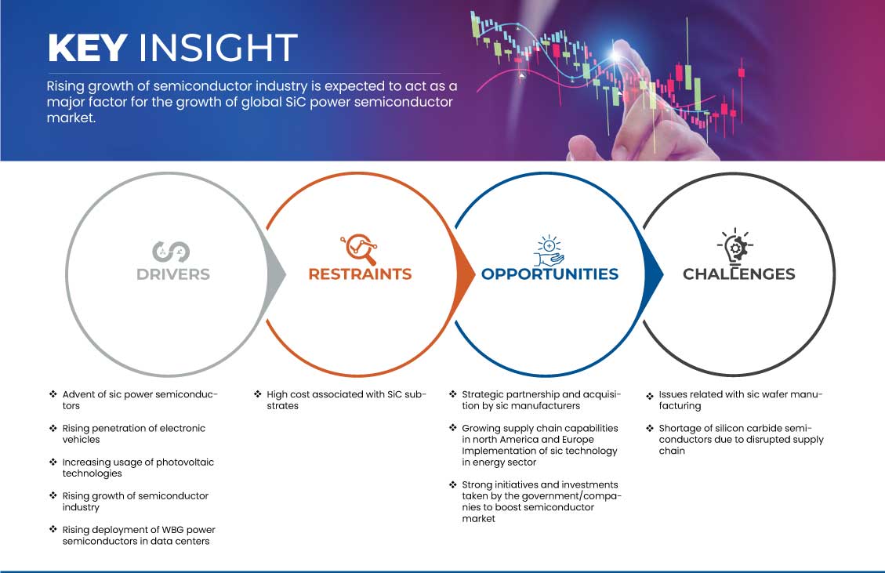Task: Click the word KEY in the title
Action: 87,49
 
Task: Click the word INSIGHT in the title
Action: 217,49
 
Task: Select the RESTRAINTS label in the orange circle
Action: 360,274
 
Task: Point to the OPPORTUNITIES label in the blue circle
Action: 549,274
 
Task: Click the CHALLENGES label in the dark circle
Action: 738,274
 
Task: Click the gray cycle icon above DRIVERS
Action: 170,250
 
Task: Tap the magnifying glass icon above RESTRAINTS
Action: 358,249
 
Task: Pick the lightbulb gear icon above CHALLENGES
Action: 735,248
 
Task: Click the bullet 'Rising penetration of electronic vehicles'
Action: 133,433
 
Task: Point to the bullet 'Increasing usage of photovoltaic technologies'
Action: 138,467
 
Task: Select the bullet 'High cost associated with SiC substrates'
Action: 346,400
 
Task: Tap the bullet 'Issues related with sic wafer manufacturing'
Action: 740,400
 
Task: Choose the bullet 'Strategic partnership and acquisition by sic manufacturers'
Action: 541,400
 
